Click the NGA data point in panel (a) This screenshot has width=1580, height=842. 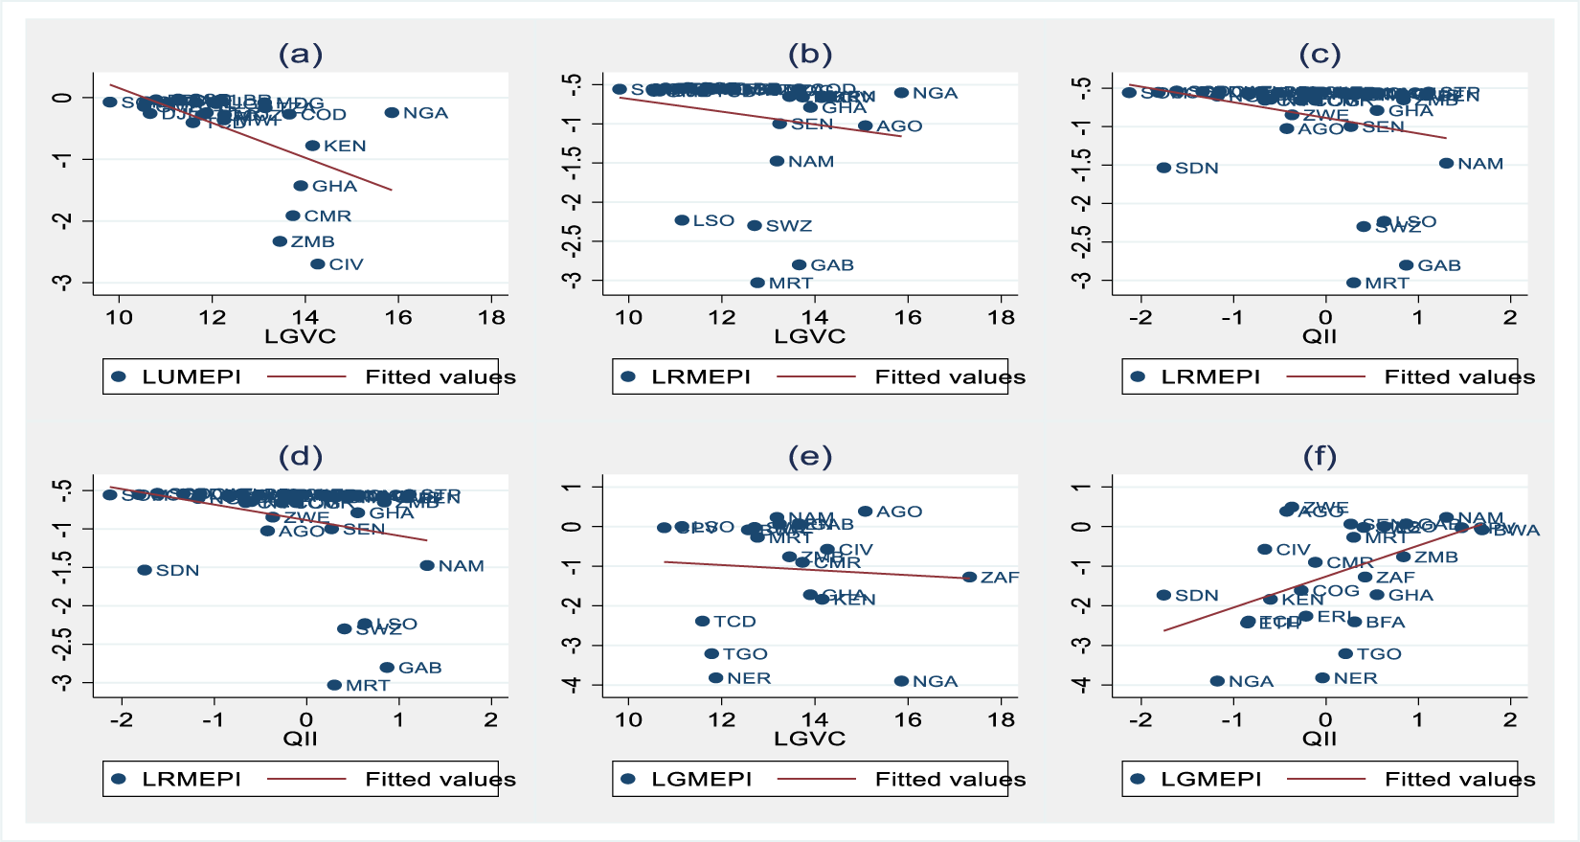pos(392,113)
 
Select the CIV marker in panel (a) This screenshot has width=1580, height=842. pos(318,264)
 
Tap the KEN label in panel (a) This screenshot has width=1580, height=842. pos(345,147)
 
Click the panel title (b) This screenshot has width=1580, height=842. pos(810,55)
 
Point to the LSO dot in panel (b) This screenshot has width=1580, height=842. pos(682,220)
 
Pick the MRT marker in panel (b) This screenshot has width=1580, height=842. pos(757,283)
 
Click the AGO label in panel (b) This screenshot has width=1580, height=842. pos(899,126)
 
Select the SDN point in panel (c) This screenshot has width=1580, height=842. pos(1163,168)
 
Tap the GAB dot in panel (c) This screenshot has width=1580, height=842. pos(1406,265)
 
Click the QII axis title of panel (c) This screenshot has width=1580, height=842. pos(1320,336)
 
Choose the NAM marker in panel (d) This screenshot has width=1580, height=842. pos(427,566)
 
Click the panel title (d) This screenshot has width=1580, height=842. pos(301,457)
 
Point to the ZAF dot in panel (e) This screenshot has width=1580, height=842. pos(969,578)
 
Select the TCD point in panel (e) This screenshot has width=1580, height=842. pos(702,622)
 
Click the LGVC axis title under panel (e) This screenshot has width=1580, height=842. pos(810,739)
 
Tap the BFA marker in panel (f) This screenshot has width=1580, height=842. pos(1354,622)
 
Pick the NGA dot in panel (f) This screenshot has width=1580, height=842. pos(1217,681)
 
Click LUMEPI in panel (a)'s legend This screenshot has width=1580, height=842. pos(192,377)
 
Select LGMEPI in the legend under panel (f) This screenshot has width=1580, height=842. pos(1211,780)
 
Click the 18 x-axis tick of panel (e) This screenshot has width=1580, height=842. pos(1001,720)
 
